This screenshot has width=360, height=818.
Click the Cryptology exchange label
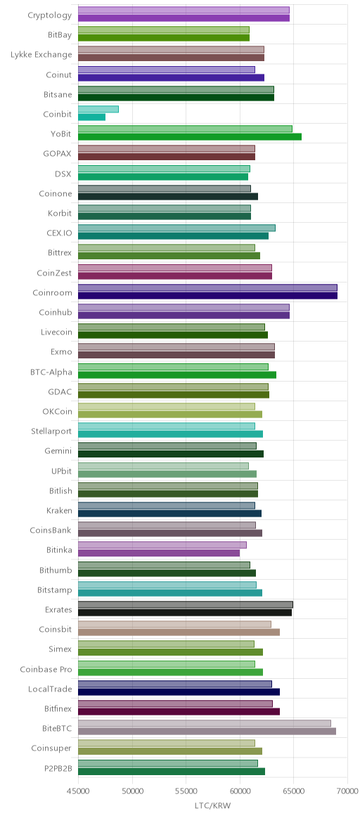pos(49,15)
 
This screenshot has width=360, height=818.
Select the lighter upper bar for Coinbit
pos(98,109)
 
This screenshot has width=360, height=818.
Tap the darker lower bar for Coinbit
pos(92,117)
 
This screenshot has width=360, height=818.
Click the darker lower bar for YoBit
pos(190,136)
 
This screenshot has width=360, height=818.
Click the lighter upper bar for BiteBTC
pos(205,724)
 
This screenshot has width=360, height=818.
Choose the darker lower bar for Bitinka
pos(159,553)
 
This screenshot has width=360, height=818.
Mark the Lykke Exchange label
pos(41,54)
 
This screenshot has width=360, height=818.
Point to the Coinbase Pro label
pos(46,669)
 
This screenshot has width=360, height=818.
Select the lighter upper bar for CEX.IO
pos(176,228)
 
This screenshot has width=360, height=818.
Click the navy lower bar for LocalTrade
pos(179,692)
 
